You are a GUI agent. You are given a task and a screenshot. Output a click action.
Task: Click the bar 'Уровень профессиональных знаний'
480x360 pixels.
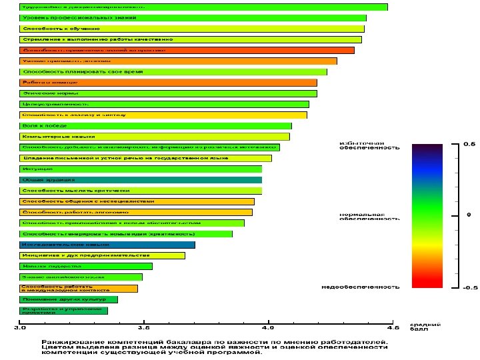(193, 18)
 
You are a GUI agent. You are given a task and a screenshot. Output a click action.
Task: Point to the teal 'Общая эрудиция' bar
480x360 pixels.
(141, 180)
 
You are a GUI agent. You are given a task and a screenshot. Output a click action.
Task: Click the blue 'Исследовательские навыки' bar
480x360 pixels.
(107, 245)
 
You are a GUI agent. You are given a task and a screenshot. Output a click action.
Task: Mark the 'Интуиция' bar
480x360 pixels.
(141, 169)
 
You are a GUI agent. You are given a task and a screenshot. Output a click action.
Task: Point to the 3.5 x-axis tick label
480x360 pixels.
(143, 328)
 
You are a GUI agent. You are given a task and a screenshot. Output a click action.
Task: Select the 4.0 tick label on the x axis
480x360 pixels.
(268, 328)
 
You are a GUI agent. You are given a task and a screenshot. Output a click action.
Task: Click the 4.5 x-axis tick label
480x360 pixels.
(392, 328)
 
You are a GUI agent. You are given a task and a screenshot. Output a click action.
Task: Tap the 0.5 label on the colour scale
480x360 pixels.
(469, 144)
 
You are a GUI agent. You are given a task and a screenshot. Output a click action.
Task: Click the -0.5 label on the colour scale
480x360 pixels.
(470, 288)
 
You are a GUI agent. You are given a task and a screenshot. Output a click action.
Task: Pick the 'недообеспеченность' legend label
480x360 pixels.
(361, 287)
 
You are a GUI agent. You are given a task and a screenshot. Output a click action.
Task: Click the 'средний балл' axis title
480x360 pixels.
(419, 327)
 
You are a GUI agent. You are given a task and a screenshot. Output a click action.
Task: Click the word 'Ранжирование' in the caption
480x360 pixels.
(67, 342)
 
